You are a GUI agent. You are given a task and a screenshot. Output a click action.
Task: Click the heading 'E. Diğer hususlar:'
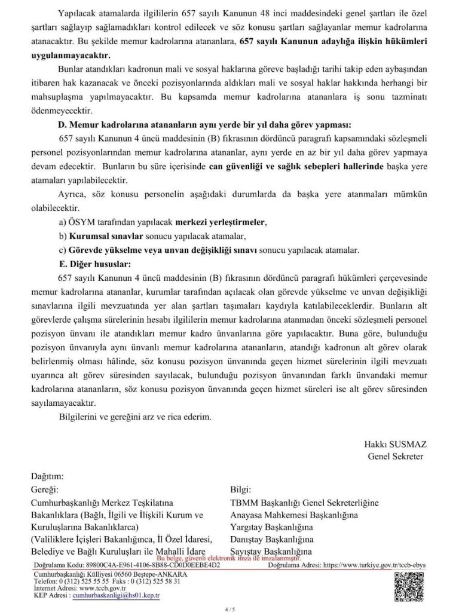(x=94, y=262)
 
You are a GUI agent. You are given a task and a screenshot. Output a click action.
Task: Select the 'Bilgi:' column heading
(x=241, y=489)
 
